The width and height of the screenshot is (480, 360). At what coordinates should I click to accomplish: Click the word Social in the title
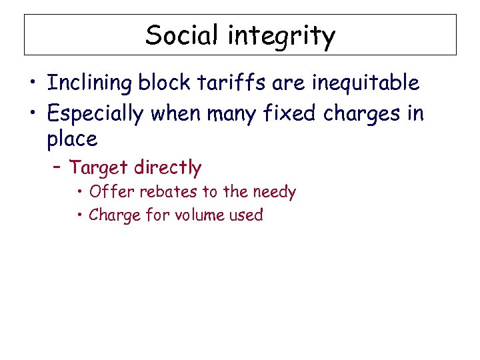(181, 35)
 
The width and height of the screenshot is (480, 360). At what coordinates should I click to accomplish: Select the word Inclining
(89, 84)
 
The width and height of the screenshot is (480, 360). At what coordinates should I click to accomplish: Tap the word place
(72, 139)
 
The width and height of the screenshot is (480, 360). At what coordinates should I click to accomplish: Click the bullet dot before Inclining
(32, 84)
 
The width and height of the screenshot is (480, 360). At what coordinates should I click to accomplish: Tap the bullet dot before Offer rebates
(79, 193)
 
